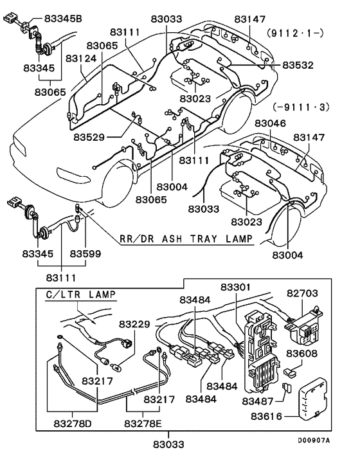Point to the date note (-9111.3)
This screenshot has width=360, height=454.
coord(301,107)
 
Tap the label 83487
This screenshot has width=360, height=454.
coord(259,401)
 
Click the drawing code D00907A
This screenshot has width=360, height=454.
coord(313,440)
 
